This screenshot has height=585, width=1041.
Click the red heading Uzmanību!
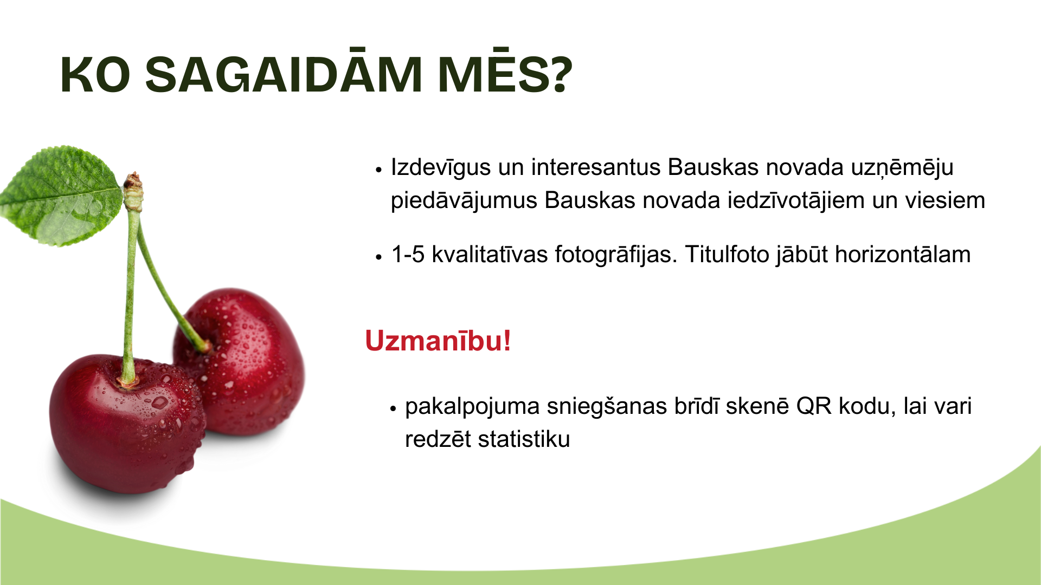tap(438, 341)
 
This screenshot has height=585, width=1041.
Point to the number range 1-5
tap(408, 255)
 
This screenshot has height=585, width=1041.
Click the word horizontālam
tap(903, 255)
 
